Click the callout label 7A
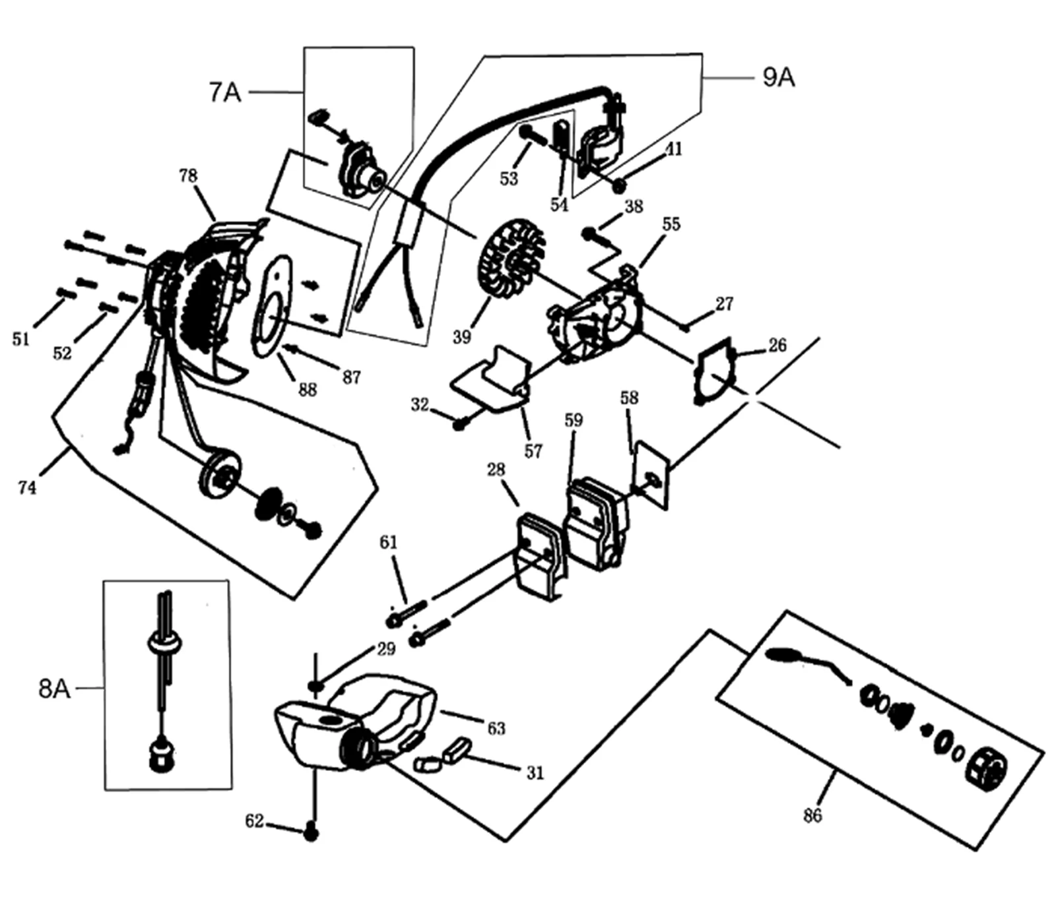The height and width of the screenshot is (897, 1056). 225,92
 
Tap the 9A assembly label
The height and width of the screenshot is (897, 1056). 779,77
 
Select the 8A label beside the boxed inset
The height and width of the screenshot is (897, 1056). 54,688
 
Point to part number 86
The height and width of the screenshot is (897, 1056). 812,815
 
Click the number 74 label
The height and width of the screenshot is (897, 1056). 27,487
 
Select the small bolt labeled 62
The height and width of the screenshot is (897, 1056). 312,834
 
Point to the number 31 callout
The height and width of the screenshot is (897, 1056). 535,772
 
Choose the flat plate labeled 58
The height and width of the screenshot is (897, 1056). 651,475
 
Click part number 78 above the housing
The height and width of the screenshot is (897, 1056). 188,175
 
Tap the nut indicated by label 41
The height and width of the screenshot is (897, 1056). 618,187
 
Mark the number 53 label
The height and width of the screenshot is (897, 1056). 509,179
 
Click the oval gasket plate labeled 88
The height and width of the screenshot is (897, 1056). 271,306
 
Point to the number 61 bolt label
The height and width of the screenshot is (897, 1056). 389,542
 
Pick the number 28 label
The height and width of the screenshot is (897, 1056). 496,470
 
